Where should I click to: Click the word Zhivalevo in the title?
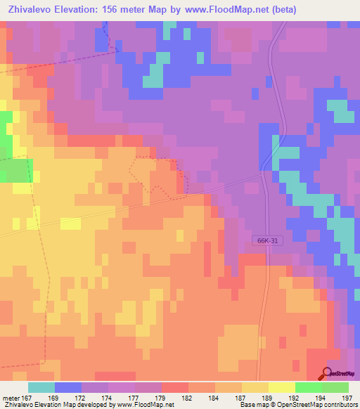coord(32,10)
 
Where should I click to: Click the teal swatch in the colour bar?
coord(41,387)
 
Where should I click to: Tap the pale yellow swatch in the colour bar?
coord(282,387)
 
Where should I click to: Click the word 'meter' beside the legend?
coord(12,398)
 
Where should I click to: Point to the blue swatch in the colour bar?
coord(68,387)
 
